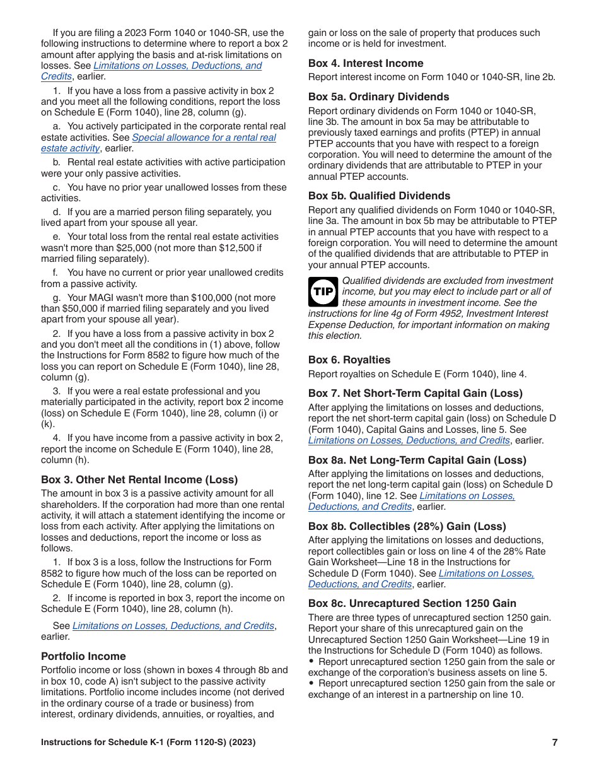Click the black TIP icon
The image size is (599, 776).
click(x=323, y=291)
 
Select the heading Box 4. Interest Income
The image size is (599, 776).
click(x=366, y=63)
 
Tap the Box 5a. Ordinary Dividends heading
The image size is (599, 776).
click(x=378, y=97)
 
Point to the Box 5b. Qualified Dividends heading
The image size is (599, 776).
click(x=379, y=196)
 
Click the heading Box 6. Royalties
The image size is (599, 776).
click(x=349, y=360)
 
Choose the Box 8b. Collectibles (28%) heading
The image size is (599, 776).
click(x=407, y=526)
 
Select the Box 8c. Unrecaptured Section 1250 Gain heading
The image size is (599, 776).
click(x=412, y=603)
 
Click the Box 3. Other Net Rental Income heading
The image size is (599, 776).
click(x=139, y=479)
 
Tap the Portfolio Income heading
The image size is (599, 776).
click(x=83, y=656)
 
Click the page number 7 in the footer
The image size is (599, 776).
click(x=554, y=743)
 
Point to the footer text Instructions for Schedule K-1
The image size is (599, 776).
click(x=148, y=743)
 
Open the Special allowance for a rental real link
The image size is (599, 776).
click(x=204, y=138)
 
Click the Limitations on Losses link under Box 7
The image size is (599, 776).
click(x=409, y=440)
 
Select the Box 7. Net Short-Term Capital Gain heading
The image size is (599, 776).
click(x=415, y=393)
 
